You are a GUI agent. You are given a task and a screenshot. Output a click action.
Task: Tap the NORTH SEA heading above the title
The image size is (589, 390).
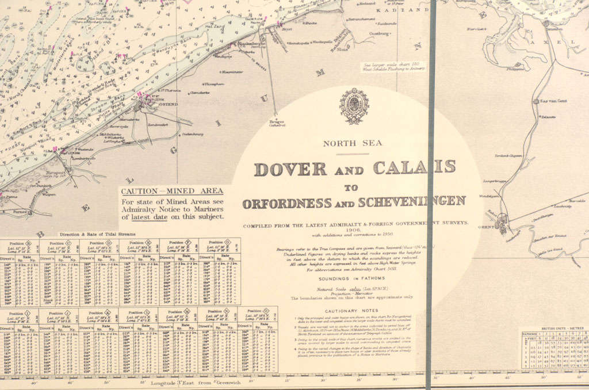coord(352,144)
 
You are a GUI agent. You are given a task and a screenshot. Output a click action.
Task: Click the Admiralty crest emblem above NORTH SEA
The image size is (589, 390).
coord(354,106)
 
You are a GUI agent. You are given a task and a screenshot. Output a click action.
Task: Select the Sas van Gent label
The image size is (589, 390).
coord(554,101)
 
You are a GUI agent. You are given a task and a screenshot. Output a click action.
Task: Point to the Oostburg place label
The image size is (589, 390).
coord(378,34)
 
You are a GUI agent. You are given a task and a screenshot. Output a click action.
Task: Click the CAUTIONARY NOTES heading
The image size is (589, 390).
coord(351,311)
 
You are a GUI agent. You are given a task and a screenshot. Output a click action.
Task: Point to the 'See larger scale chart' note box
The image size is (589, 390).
coord(393,66)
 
